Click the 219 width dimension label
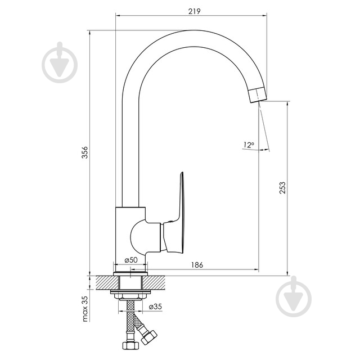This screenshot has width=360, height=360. (x=194, y=11)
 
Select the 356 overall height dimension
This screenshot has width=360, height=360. (x=85, y=152)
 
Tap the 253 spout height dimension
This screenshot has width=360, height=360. (x=282, y=187)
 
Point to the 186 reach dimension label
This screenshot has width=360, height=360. (x=197, y=265)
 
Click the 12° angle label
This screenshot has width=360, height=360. (x=249, y=145)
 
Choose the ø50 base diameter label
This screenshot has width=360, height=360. (x=131, y=260)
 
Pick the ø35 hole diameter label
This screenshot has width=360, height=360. (x=155, y=307)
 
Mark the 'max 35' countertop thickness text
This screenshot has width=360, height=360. (x=85, y=309)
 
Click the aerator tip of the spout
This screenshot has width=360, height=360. (x=258, y=94)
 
